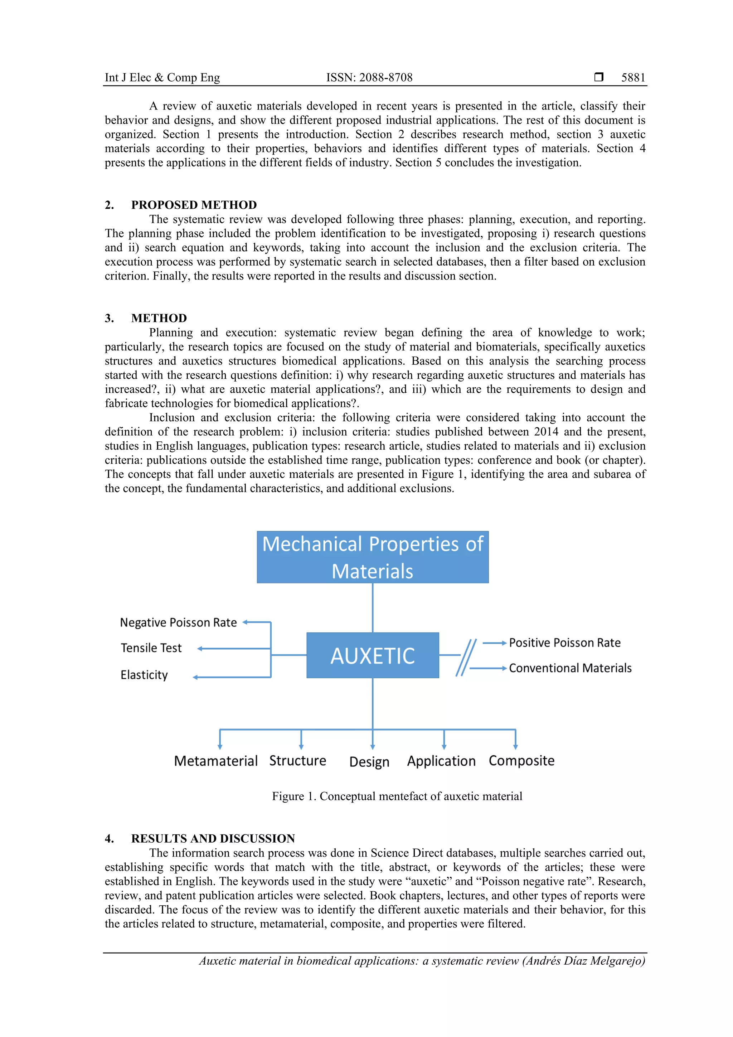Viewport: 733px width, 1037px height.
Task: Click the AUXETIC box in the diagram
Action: pyautogui.click(x=373, y=655)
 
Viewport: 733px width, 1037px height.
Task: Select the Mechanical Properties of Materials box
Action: pyautogui.click(x=373, y=557)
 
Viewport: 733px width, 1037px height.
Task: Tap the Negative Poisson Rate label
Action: pyautogui.click(x=178, y=622)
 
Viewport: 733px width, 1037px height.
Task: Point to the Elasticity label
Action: pyautogui.click(x=144, y=675)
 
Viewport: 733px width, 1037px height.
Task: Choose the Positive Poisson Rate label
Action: pyautogui.click(x=564, y=643)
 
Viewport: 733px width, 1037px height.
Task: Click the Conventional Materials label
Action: pyautogui.click(x=570, y=668)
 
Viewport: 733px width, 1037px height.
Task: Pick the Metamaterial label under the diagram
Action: pyautogui.click(x=215, y=761)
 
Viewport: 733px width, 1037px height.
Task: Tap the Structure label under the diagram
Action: pyautogui.click(x=298, y=761)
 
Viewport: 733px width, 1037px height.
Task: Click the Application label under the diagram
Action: pyautogui.click(x=441, y=761)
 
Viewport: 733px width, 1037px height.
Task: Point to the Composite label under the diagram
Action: pyautogui.click(x=521, y=761)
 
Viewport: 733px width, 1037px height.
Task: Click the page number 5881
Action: pyautogui.click(x=633, y=78)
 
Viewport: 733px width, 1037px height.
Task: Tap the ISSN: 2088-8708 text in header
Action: pyautogui.click(x=369, y=78)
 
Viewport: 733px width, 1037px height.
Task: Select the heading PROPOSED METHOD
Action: pyautogui.click(x=194, y=205)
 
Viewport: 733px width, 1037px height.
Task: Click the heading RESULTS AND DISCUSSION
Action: pyautogui.click(x=213, y=839)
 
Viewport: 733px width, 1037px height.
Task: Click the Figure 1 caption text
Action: pyautogui.click(x=397, y=796)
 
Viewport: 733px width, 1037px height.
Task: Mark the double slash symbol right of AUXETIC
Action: pyautogui.click(x=466, y=657)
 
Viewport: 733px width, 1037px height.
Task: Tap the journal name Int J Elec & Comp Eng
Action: pyautogui.click(x=162, y=78)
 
